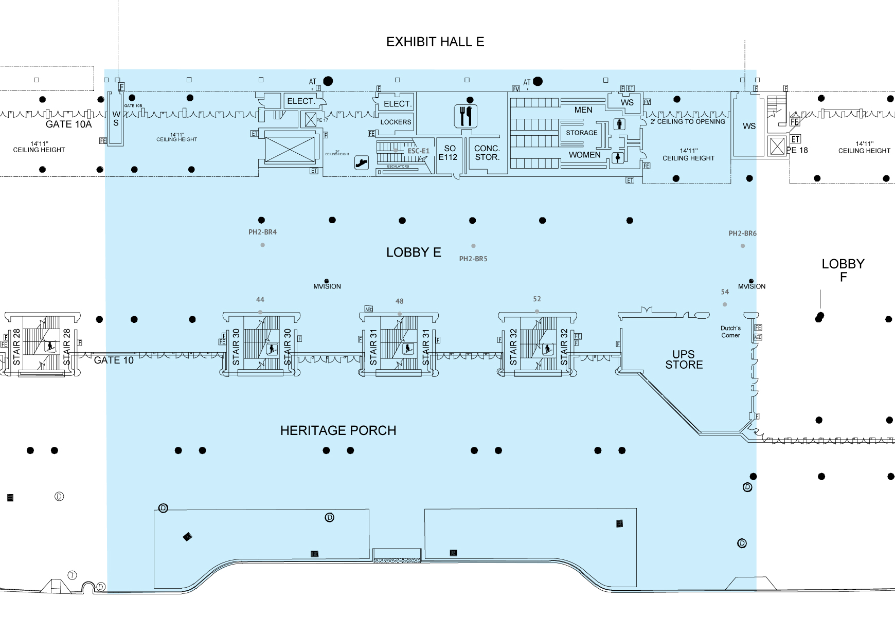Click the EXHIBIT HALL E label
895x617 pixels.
(x=435, y=42)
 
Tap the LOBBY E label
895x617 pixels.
(x=414, y=252)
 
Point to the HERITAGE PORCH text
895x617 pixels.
(x=338, y=430)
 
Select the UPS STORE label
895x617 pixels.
(x=684, y=359)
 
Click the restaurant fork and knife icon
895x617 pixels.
(x=466, y=116)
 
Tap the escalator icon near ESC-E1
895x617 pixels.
(x=362, y=163)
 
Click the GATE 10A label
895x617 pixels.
(x=68, y=124)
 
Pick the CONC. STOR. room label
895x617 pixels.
(x=487, y=153)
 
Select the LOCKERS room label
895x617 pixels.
(x=396, y=122)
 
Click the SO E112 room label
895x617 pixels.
(x=448, y=153)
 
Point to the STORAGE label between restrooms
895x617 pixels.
(x=582, y=133)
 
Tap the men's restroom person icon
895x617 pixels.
(x=620, y=124)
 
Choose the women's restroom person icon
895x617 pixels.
(x=617, y=158)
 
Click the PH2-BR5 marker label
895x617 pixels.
(x=473, y=259)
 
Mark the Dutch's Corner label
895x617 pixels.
(x=730, y=332)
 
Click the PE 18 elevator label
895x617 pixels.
(x=797, y=150)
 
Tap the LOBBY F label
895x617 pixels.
(x=843, y=270)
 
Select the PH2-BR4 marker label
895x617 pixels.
(x=262, y=232)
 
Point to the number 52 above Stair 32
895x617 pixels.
(x=537, y=299)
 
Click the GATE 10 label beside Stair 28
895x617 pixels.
(x=114, y=360)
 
